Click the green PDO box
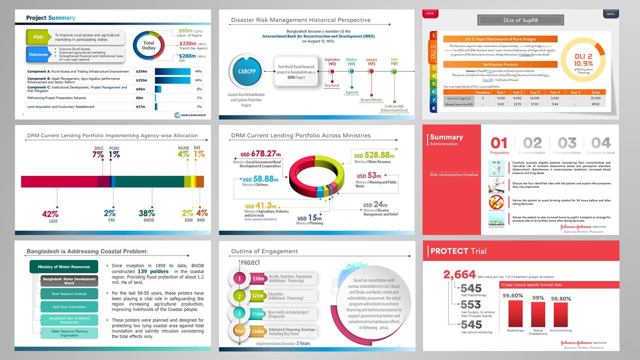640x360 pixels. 38,37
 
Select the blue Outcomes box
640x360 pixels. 38,54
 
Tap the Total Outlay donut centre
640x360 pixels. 149,45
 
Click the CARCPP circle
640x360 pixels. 245,73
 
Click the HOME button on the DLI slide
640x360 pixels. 429,13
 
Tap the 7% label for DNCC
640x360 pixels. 98,155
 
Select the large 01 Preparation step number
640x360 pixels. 499,143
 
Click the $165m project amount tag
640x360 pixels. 258,313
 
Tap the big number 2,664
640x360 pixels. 459,274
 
